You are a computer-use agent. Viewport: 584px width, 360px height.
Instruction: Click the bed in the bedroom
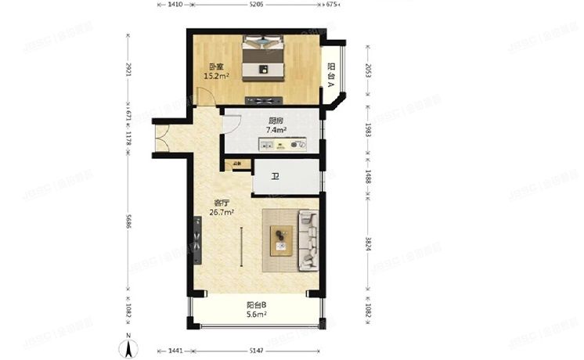[x=265, y=59]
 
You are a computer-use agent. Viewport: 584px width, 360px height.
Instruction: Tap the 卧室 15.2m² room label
[x=214, y=72]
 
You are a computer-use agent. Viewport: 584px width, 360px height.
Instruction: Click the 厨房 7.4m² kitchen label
[x=276, y=124]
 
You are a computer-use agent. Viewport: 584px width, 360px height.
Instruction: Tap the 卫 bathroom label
[x=275, y=177]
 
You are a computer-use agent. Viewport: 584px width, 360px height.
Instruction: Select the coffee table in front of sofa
[x=280, y=239]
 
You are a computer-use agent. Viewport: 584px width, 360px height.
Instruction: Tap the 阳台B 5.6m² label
[x=255, y=309]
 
